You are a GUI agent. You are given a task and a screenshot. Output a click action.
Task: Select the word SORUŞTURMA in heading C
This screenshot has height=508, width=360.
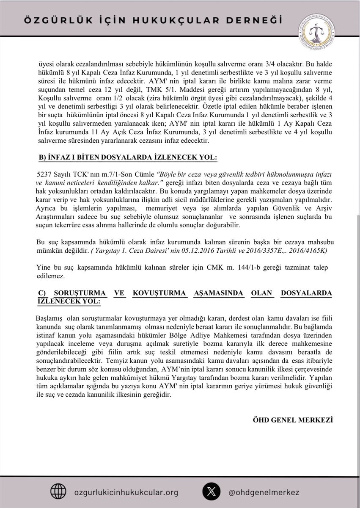(x=79, y=293)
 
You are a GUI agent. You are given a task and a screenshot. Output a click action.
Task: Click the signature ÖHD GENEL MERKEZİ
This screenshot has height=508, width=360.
(x=292, y=420)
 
